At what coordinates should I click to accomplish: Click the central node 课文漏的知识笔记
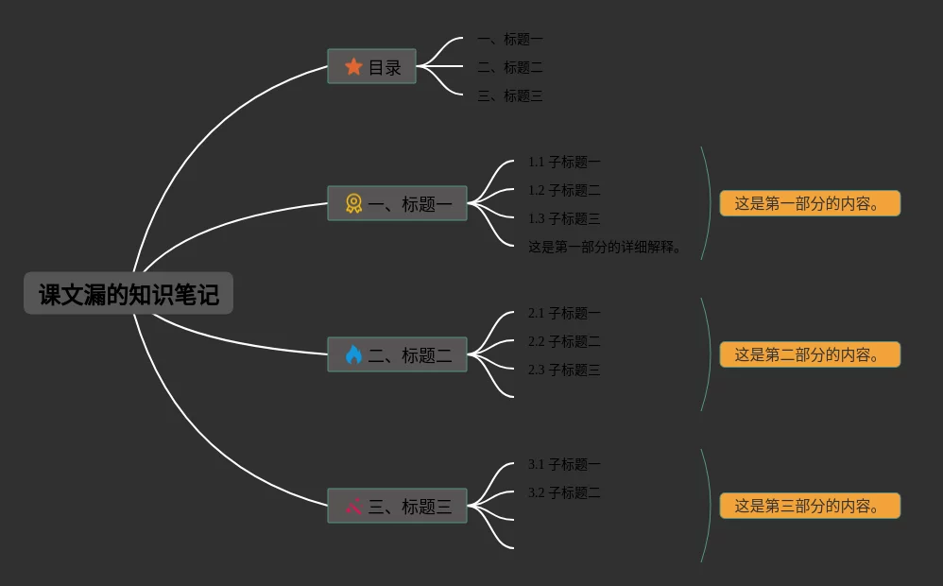(x=129, y=294)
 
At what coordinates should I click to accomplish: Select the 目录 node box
(x=371, y=66)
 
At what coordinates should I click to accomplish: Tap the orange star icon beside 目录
(x=353, y=66)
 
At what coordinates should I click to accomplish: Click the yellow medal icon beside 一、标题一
(x=353, y=203)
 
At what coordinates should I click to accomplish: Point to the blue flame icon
(x=353, y=354)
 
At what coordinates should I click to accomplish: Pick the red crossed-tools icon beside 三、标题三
(x=353, y=506)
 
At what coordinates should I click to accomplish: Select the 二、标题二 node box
(x=397, y=354)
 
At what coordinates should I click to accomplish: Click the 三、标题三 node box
(x=397, y=506)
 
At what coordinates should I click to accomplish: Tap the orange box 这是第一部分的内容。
(x=810, y=203)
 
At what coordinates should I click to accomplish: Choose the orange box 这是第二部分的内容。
(x=810, y=354)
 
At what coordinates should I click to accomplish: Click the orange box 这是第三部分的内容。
(x=810, y=506)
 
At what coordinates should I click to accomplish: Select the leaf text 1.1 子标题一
(x=564, y=162)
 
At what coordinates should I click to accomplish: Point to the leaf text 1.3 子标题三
(x=564, y=218)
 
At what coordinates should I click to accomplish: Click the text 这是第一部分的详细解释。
(x=605, y=248)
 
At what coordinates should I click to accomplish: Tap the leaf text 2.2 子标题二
(x=564, y=341)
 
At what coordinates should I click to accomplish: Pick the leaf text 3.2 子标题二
(x=564, y=492)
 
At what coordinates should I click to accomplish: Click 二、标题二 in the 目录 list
(x=510, y=67)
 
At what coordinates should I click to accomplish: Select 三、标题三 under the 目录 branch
(x=510, y=95)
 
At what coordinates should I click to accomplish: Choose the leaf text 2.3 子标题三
(x=564, y=370)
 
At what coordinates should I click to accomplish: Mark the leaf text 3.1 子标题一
(x=564, y=464)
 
